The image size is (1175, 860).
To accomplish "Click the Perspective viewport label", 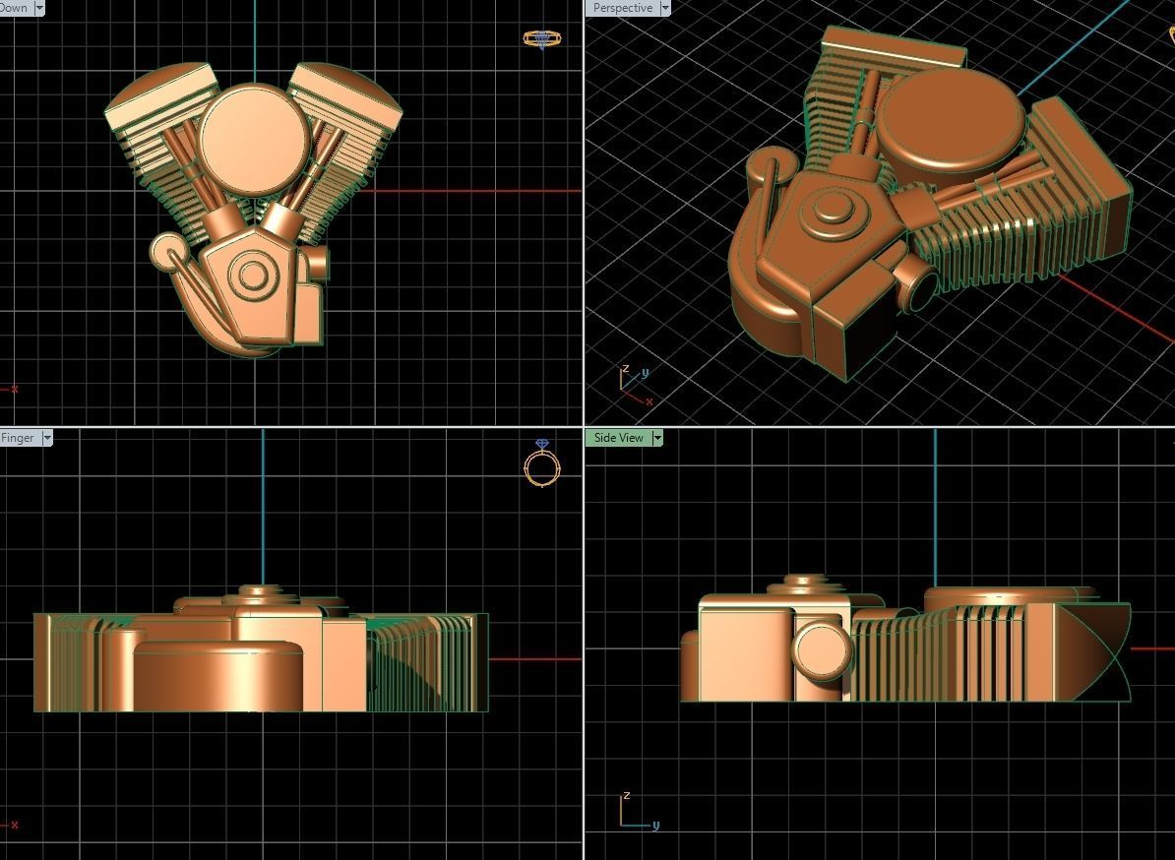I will click(x=622, y=8).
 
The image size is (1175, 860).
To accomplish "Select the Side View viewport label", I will click(x=619, y=438).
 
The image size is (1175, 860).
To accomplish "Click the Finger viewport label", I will click(x=18, y=438).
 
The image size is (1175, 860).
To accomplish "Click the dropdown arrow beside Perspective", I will click(x=665, y=8).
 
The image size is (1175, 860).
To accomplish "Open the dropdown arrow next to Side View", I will click(x=657, y=438).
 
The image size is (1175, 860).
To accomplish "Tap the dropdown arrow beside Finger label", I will click(x=46, y=438).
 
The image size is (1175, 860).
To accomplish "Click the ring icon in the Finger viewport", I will click(x=541, y=464).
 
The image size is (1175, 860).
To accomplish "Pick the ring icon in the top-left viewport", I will click(x=542, y=39).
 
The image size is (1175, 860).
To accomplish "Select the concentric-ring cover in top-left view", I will click(x=252, y=278).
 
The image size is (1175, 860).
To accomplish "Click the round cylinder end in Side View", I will click(x=822, y=650).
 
